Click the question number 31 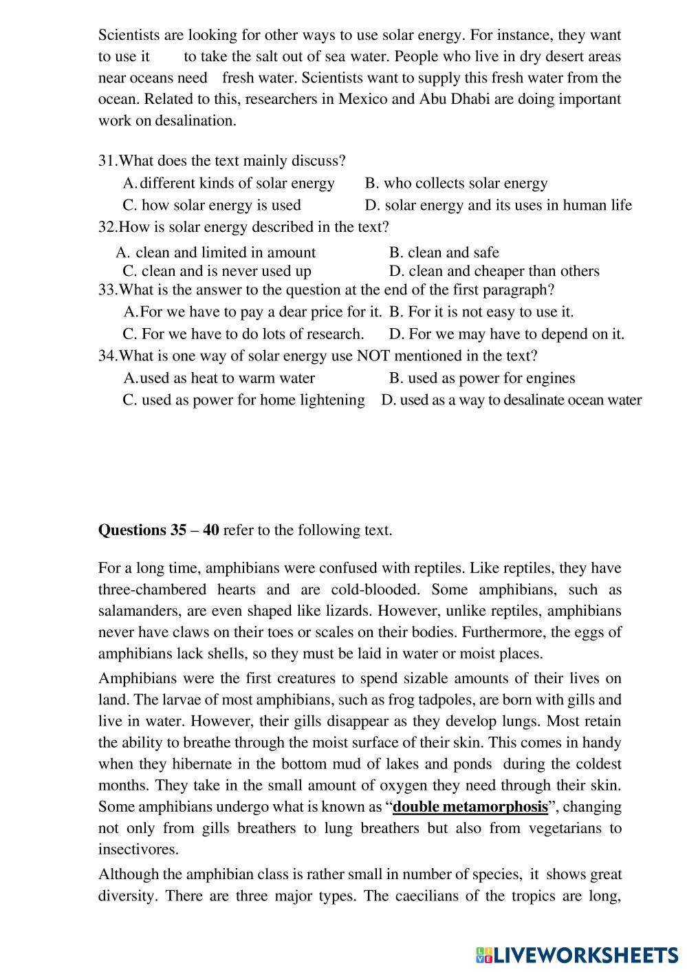(x=107, y=161)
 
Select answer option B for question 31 (x=456, y=183)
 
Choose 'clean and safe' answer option (x=444, y=252)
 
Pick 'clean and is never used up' (x=217, y=271)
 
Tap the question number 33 (x=107, y=290)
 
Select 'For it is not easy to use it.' (x=481, y=312)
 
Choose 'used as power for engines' (x=482, y=378)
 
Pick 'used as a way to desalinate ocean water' (x=512, y=400)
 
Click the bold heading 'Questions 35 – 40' (x=159, y=530)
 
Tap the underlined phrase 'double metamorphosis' (x=470, y=806)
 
